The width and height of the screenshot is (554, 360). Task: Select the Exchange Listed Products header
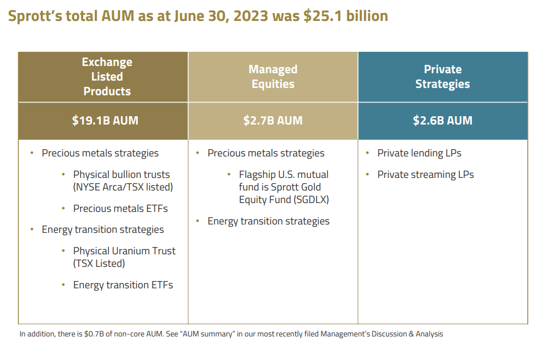(x=107, y=76)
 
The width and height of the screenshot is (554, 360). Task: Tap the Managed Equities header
(x=273, y=76)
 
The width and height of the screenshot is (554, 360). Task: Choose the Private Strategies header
(x=442, y=76)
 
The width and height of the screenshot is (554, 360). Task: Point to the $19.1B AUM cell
(x=105, y=120)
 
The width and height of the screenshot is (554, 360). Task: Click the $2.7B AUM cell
(x=273, y=120)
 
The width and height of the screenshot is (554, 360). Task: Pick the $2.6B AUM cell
(x=442, y=120)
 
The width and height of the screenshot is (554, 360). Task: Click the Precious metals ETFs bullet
(x=120, y=208)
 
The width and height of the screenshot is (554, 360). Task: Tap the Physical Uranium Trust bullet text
(x=124, y=251)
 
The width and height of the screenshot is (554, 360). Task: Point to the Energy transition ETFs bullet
(x=123, y=285)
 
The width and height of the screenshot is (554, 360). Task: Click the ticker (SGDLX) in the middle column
(x=305, y=199)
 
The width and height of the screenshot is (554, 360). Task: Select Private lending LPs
(x=419, y=153)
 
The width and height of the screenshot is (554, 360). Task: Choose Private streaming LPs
(x=425, y=174)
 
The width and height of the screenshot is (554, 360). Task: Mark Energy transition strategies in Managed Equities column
(x=269, y=221)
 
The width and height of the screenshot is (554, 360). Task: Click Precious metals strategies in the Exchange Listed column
(x=100, y=153)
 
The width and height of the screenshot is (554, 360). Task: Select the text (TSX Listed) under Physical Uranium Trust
(x=99, y=264)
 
